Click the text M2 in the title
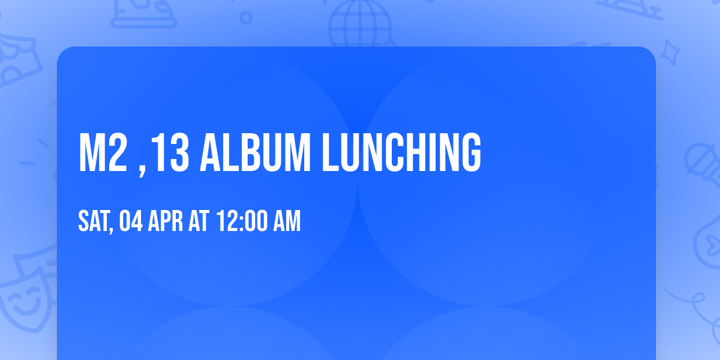[x=103, y=152]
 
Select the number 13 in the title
[x=170, y=152]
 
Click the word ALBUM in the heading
[x=256, y=152]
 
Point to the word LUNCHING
[x=401, y=152]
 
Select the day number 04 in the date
[x=131, y=221]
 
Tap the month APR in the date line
[x=165, y=221]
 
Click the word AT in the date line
[x=199, y=221]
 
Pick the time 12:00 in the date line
[x=242, y=221]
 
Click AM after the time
[x=287, y=221]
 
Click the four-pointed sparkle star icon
[x=669, y=53]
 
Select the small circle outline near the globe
[x=246, y=17]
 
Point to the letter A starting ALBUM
[x=210, y=152]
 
